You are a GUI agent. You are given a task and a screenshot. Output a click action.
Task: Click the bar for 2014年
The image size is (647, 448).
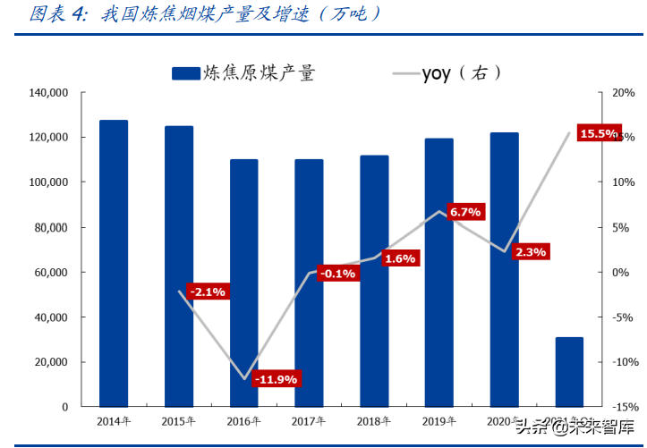pyautogui.click(x=114, y=263)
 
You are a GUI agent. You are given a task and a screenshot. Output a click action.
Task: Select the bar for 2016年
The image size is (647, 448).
pyautogui.click(x=243, y=283)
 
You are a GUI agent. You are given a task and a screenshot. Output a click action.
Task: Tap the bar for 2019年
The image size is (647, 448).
pyautogui.click(x=438, y=272)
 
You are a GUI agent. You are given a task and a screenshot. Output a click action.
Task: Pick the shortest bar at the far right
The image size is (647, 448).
pyautogui.click(x=569, y=371)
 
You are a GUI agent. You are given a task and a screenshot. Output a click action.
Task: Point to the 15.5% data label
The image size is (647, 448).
pyautogui.click(x=598, y=134)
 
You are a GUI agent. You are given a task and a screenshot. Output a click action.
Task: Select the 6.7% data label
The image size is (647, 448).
pyautogui.click(x=465, y=212)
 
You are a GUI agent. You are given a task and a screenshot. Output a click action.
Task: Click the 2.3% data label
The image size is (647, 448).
pyautogui.click(x=530, y=252)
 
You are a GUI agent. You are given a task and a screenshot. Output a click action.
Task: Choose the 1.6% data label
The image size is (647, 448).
pyautogui.click(x=399, y=258)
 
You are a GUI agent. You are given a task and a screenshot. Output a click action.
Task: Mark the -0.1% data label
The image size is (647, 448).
pyautogui.click(x=336, y=273)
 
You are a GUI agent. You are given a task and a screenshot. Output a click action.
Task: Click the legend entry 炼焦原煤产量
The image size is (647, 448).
pyautogui.click(x=243, y=73)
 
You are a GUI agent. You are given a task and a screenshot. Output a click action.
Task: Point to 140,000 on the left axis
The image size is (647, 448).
pyautogui.click(x=49, y=93)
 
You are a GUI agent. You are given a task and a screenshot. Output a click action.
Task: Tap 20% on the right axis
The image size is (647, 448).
pyautogui.click(x=623, y=93)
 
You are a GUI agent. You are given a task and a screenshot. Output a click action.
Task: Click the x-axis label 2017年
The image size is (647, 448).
pyautogui.click(x=308, y=421)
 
